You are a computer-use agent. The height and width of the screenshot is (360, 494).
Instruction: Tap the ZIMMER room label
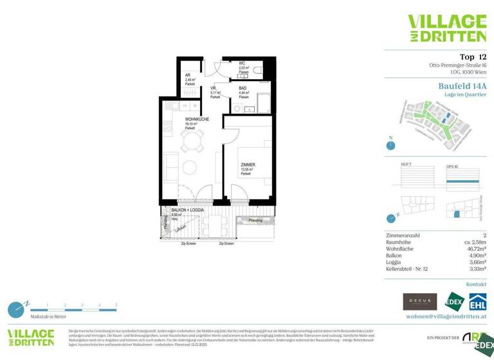(x=248, y=165)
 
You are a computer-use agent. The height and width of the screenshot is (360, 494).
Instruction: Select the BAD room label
(x=242, y=88)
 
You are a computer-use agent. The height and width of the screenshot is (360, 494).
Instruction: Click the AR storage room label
(x=188, y=75)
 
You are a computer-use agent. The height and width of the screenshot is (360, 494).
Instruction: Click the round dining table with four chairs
(x=191, y=147)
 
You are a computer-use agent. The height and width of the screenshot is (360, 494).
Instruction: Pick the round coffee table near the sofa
(x=190, y=168)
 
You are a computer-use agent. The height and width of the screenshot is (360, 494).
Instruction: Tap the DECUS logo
(x=419, y=301)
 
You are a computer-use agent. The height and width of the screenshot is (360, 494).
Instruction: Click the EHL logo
(x=477, y=301)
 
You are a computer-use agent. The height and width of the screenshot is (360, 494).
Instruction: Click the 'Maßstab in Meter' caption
(x=47, y=317)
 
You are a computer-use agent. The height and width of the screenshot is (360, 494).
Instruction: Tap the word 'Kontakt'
(x=476, y=283)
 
